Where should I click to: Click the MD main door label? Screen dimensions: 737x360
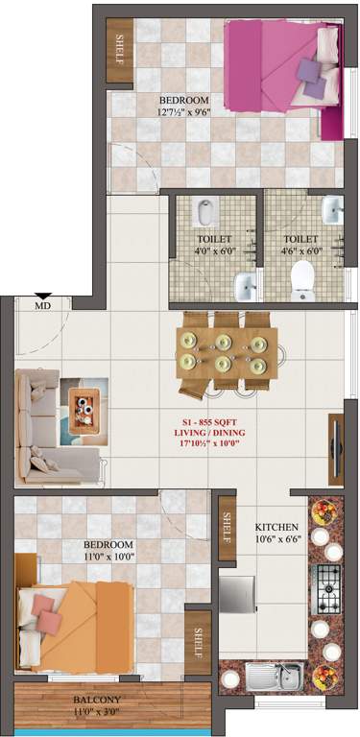[42, 306]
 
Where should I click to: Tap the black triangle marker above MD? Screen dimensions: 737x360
[42, 296]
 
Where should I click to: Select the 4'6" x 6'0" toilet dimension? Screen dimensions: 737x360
[300, 252]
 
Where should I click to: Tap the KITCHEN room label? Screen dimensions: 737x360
[276, 528]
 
